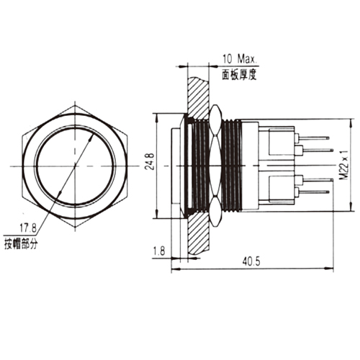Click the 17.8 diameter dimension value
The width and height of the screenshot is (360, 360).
coord(28,228)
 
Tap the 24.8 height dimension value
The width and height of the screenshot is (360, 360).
coord(150,161)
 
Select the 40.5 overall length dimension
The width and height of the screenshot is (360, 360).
coord(251,261)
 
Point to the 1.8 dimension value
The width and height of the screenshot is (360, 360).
coord(159,251)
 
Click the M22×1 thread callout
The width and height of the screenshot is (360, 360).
coord(343,165)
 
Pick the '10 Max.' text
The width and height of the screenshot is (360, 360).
coord(240,59)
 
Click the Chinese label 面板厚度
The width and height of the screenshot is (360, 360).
coord(239,75)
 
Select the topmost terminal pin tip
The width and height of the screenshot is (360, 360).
coord(328,138)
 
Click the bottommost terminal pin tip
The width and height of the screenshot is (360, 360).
coord(328,192)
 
